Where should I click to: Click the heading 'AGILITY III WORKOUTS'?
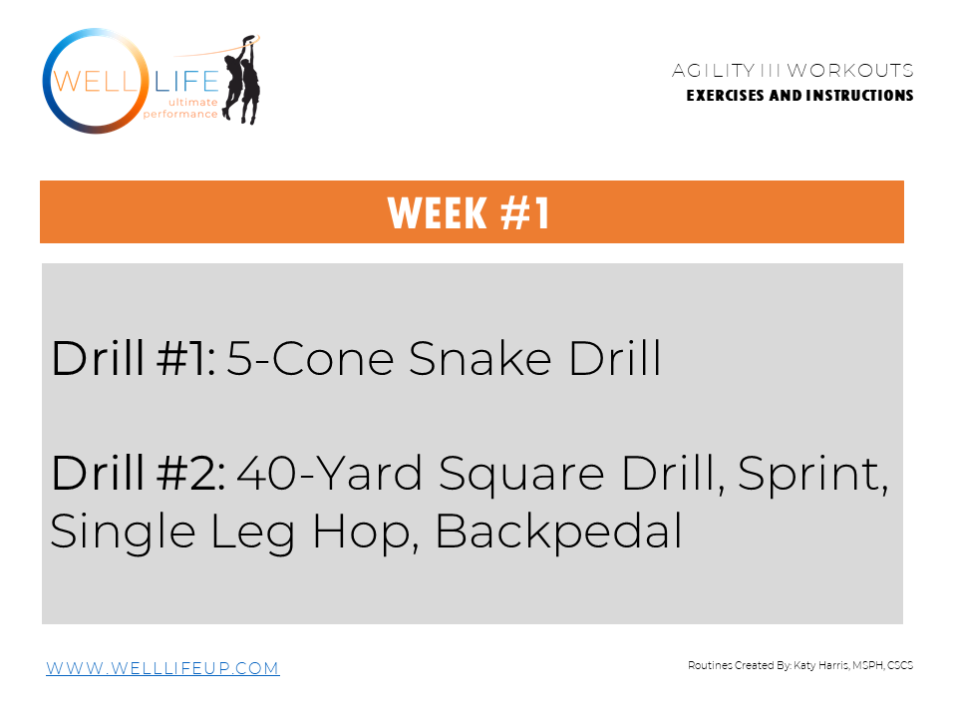pos(793,71)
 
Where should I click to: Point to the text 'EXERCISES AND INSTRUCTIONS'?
pos(799,96)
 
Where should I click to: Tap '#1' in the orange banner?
pos(520,213)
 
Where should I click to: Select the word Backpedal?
pos(558,532)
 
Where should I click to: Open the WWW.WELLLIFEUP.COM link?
pos(162,668)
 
